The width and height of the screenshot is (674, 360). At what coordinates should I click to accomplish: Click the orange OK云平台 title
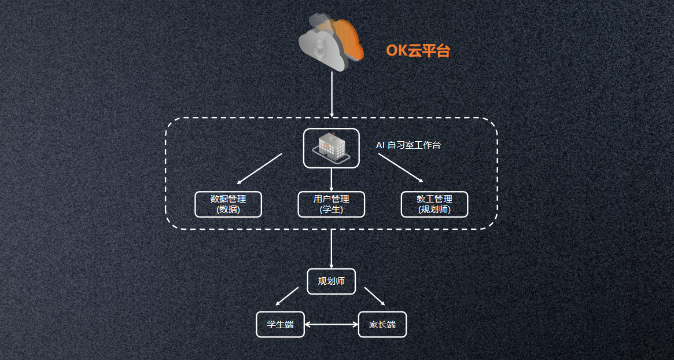418,50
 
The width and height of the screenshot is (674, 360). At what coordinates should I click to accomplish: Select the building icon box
332,148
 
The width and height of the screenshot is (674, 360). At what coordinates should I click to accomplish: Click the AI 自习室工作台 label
408,145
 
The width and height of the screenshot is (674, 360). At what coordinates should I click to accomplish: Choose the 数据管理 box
228,204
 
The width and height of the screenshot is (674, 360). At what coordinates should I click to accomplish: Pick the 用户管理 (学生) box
332,204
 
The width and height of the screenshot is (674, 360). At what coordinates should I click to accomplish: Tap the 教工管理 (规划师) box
434,204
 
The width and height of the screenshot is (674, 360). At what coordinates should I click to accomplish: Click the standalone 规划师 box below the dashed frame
332,281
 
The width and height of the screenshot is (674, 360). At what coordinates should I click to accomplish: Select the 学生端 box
281,324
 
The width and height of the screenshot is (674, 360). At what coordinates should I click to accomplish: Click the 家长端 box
382,324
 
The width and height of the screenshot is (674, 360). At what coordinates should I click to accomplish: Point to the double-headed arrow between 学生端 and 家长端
332,324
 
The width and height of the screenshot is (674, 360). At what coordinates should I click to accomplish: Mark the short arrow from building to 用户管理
332,179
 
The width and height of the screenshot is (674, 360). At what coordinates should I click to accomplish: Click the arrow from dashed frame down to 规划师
332,249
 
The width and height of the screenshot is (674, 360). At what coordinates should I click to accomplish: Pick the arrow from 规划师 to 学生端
286,296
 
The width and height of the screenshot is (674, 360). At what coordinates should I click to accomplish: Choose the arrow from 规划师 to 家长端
374,296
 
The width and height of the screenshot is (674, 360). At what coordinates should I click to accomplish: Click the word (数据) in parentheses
228,210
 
